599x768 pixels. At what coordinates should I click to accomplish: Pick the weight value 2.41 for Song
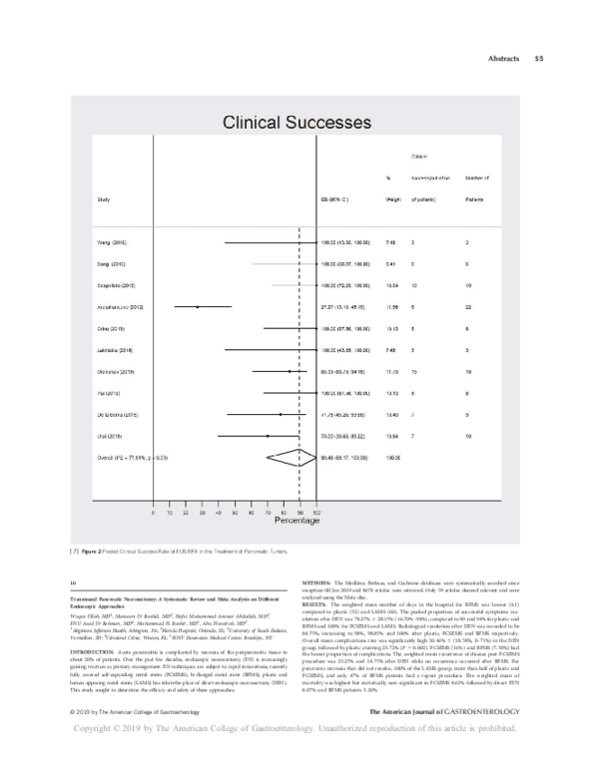pyautogui.click(x=391, y=263)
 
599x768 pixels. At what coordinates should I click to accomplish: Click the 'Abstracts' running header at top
pyautogui.click(x=501, y=57)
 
